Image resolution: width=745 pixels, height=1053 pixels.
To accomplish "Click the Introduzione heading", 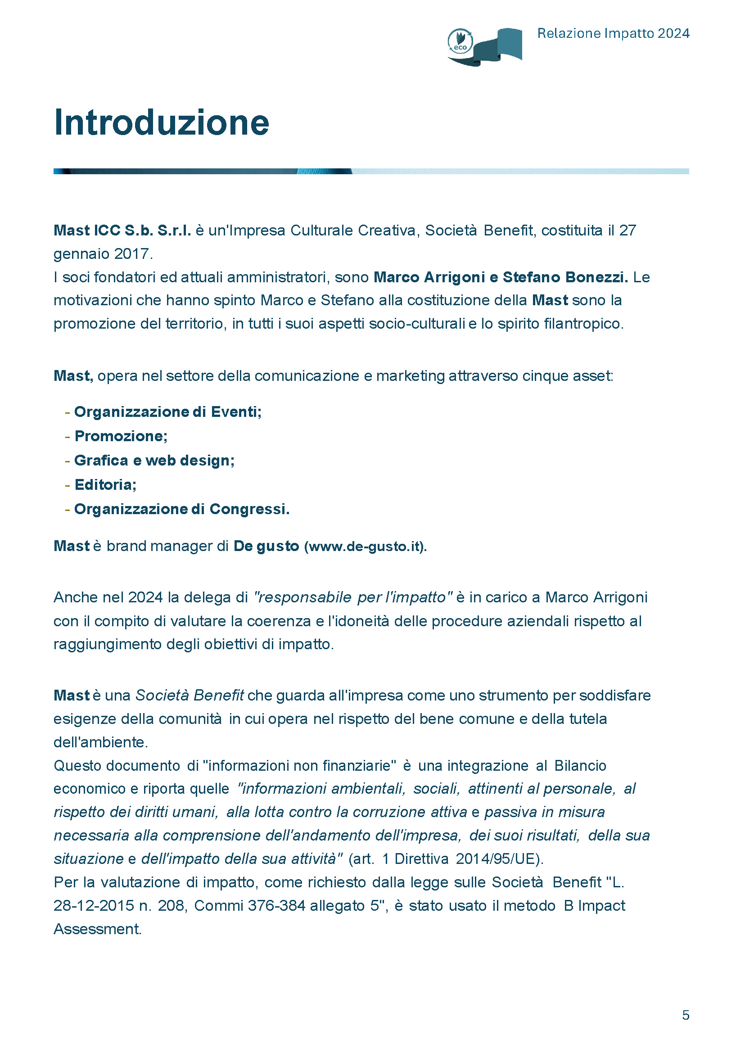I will point(162,122).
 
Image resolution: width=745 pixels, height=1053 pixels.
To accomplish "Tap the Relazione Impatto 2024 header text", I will point(613,33).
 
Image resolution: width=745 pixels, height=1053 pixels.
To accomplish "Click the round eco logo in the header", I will point(460,41).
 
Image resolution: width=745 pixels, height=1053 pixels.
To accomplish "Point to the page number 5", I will point(686,1015).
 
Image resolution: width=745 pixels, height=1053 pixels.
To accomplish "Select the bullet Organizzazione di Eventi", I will point(167,412).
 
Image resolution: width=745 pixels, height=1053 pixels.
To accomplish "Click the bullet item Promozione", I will point(121,436).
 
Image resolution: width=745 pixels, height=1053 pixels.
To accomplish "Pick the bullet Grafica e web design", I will point(154,461).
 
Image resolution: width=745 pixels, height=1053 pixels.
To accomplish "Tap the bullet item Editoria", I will point(105,485).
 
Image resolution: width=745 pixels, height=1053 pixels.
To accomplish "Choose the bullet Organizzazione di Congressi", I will point(182,509).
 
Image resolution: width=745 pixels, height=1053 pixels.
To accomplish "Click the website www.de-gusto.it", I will point(365,547).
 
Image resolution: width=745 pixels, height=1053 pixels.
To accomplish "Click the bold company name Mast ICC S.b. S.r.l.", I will point(122,230).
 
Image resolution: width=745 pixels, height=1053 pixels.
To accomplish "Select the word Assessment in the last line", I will point(97,929).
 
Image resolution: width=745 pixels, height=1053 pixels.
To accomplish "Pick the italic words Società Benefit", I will point(190,696).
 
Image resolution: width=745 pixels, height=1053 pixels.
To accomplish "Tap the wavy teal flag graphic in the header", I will point(498,46).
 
